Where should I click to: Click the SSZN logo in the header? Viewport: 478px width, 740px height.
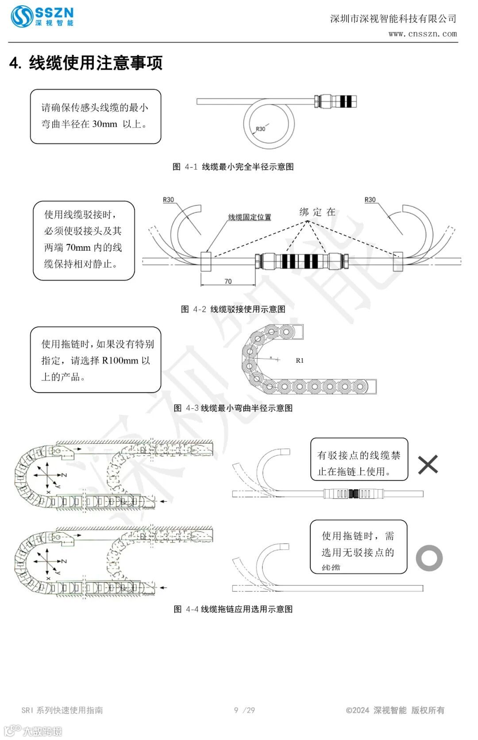(42, 17)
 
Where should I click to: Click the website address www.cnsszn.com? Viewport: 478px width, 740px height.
(422, 34)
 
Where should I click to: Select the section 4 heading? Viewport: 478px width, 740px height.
(86, 63)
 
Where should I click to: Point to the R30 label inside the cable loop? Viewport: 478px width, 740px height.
(260, 129)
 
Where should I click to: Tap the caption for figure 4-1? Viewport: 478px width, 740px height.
(233, 167)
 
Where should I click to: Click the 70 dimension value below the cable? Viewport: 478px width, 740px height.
(228, 281)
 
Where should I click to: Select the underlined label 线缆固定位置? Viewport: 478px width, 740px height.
(249, 217)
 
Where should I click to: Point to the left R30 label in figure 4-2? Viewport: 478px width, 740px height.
(168, 200)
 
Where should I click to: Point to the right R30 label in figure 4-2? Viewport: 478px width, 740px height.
(370, 200)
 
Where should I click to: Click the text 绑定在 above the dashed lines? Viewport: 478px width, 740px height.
(317, 212)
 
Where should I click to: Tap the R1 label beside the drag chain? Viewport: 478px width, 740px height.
(300, 360)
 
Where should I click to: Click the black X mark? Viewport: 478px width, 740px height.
(428, 465)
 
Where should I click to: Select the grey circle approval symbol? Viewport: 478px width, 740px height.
(429, 558)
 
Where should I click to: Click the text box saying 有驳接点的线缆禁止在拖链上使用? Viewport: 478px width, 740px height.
(359, 460)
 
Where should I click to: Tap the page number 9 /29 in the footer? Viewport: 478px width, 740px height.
(244, 710)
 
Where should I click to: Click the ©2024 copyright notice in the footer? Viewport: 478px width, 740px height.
(395, 710)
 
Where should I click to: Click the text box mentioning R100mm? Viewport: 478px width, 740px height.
(96, 360)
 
